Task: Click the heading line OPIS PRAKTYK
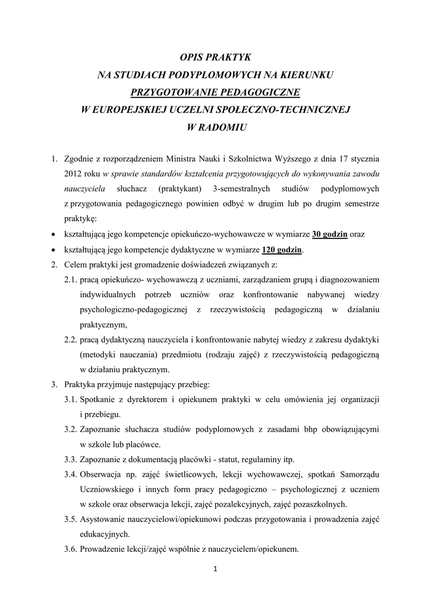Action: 215,57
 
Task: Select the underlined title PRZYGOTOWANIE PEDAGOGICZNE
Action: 215,92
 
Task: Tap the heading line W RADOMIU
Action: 215,127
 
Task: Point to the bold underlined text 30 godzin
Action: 330,234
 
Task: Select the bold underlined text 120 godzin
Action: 282,250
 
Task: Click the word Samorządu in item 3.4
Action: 359,475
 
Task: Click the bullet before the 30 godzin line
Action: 54,235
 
